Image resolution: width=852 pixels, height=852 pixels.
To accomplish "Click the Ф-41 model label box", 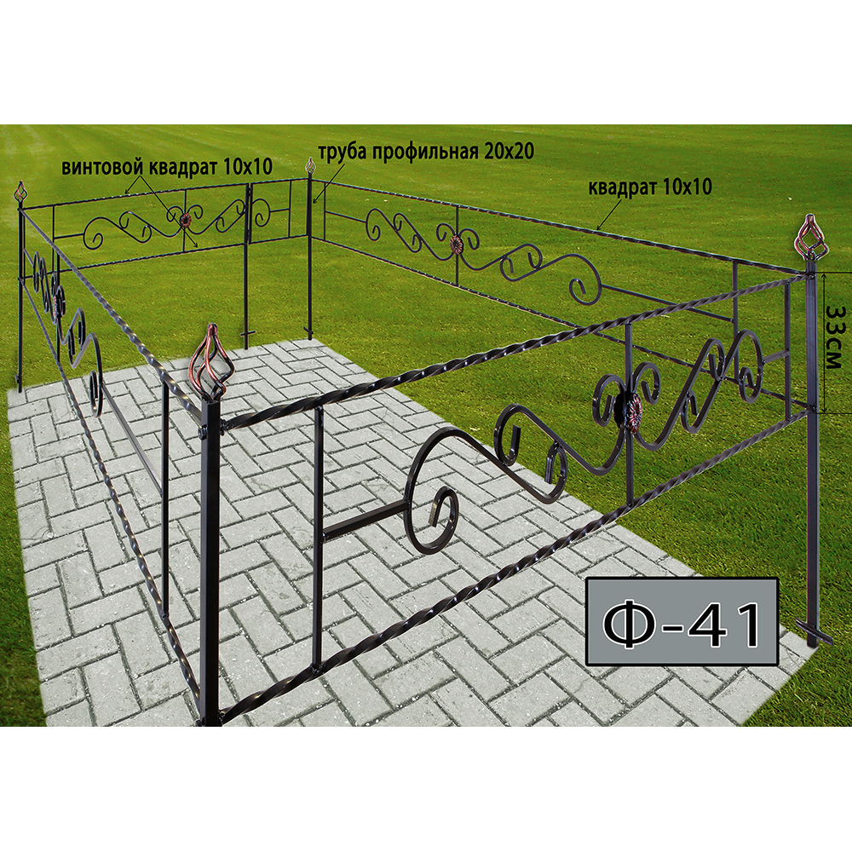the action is tap(682, 621).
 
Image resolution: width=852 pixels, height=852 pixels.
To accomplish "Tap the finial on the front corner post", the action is tap(212, 361).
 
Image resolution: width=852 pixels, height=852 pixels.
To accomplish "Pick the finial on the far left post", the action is tap(21, 193).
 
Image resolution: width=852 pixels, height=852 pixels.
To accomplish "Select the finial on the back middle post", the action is tap(310, 167).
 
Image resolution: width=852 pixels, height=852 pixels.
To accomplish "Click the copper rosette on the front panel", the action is tap(632, 412).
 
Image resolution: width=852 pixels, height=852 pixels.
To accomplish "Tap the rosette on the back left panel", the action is tap(185, 220).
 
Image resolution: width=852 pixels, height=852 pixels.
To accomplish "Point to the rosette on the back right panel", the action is tap(454, 245).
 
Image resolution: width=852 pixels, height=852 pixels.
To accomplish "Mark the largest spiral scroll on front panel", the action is tap(435, 492).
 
